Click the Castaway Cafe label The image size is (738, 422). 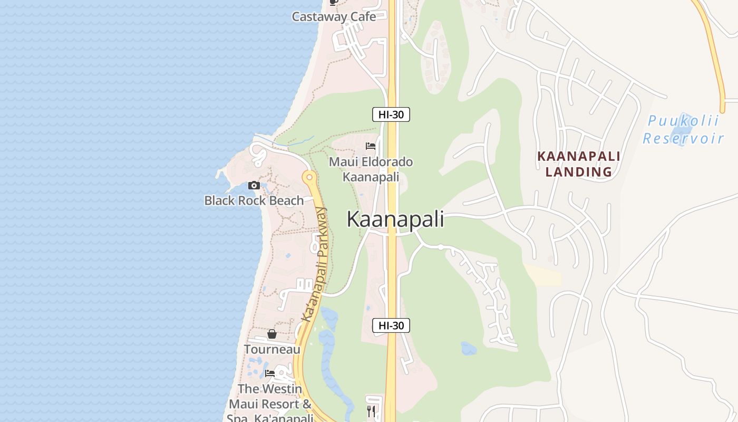click(334, 16)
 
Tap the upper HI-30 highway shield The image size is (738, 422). click(391, 114)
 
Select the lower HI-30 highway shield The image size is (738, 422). click(391, 325)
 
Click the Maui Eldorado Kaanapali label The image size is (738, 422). click(371, 169)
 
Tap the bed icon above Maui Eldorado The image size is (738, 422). click(371, 146)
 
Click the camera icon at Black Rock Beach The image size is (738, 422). click(254, 185)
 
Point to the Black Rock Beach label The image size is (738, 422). click(254, 200)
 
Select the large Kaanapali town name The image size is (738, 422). click(395, 219)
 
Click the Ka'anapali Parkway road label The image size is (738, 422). click(315, 264)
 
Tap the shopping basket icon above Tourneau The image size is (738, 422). click(272, 334)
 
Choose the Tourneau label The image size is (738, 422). click(272, 349)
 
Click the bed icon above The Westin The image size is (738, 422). click(270, 373)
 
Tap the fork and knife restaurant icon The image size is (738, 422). click(371, 411)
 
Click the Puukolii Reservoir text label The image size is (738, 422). click(683, 130)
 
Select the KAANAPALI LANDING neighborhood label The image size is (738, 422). click(578, 164)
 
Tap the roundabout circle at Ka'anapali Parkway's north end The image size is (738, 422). click(309, 177)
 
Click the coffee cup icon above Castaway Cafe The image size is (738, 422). click(333, 2)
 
